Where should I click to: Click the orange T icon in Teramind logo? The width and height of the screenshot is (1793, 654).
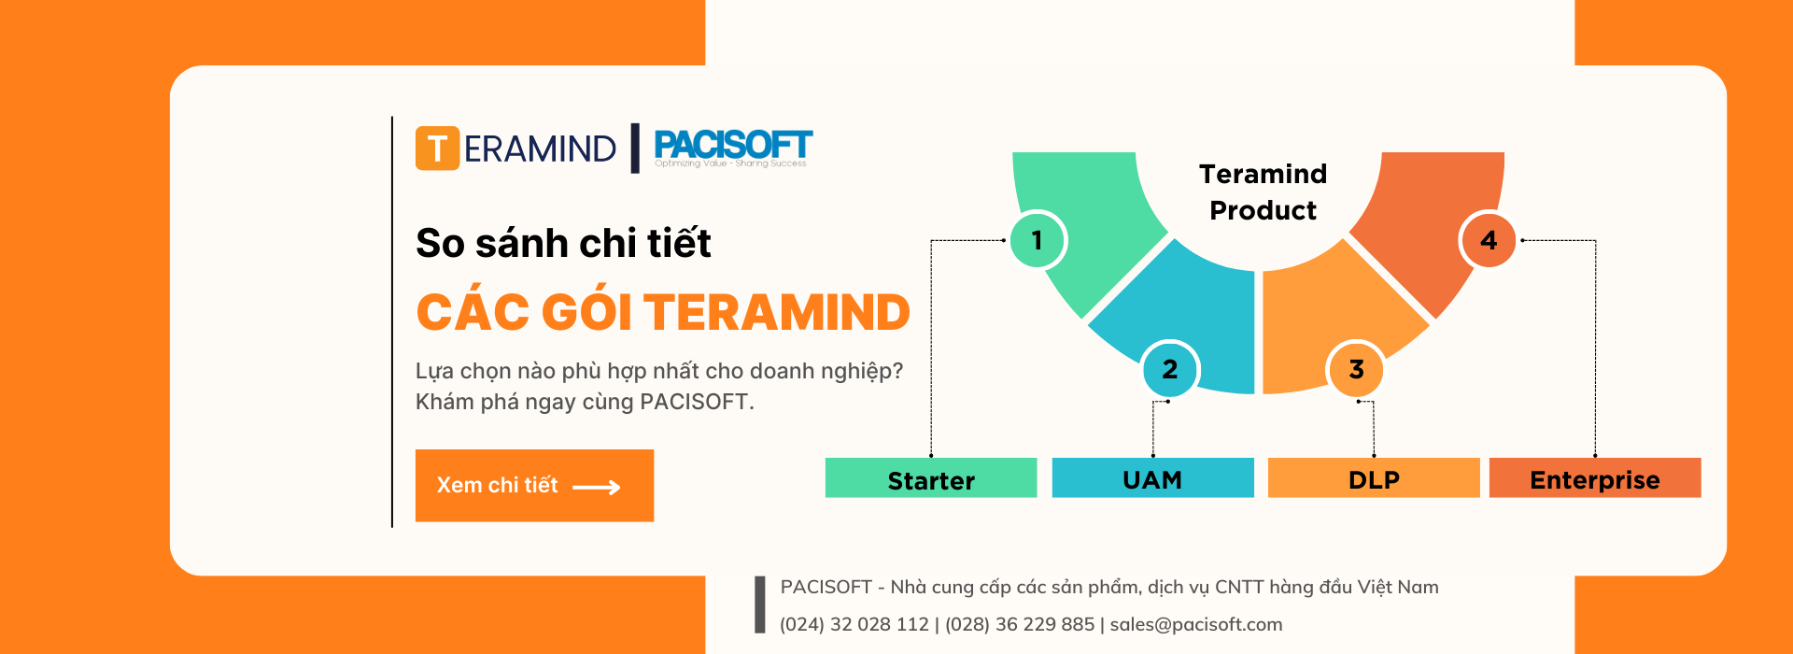tap(437, 149)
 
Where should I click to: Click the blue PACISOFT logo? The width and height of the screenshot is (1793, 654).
tap(733, 148)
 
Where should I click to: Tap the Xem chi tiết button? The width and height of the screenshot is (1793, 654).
tap(534, 486)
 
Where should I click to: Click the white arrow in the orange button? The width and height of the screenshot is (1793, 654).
tap(597, 487)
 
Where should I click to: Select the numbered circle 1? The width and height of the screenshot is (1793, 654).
tap(1037, 240)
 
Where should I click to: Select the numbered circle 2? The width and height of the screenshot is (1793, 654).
tap(1169, 369)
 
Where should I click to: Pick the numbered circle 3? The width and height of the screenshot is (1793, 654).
tap(1356, 369)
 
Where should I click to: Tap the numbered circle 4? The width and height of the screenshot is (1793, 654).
tap(1488, 240)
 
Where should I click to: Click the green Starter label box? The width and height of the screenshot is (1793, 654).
tap(931, 477)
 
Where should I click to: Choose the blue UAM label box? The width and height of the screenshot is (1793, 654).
tap(1152, 477)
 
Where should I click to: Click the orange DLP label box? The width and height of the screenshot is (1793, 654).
tap(1374, 477)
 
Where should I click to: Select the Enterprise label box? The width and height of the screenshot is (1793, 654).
tap(1595, 477)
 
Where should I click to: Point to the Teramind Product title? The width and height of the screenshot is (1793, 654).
tap(1263, 192)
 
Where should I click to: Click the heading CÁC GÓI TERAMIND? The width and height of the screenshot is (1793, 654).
tap(663, 312)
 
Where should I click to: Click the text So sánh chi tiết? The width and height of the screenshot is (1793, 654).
tap(563, 243)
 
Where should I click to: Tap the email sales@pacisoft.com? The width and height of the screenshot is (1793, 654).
tap(1196, 624)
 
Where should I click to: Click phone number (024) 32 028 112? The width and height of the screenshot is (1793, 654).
tap(854, 624)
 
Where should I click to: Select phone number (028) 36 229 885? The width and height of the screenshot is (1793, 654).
tap(1020, 624)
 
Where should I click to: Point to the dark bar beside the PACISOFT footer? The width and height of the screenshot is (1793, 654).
tap(760, 604)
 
